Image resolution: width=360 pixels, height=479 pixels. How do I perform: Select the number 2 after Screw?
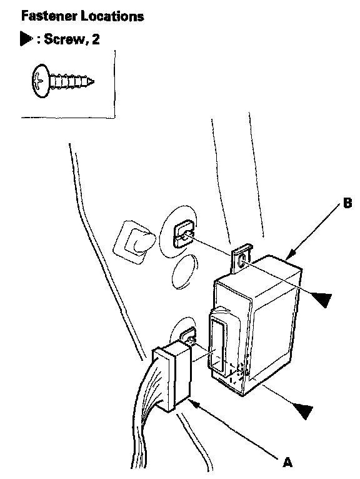coord(95,39)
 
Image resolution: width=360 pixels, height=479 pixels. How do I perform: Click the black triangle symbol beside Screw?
coord(27,39)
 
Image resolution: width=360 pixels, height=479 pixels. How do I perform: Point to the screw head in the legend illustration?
coord(41,81)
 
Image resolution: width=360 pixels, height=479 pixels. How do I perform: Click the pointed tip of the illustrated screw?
coord(92,81)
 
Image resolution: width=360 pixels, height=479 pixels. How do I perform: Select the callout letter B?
coord(347,203)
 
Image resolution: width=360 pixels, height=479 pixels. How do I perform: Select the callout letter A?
coord(287,462)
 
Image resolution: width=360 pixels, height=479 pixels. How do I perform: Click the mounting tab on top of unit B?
coord(241,258)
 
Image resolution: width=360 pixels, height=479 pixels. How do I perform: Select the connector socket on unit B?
coord(218,341)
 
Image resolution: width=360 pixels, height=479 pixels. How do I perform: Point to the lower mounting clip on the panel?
coord(189,336)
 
